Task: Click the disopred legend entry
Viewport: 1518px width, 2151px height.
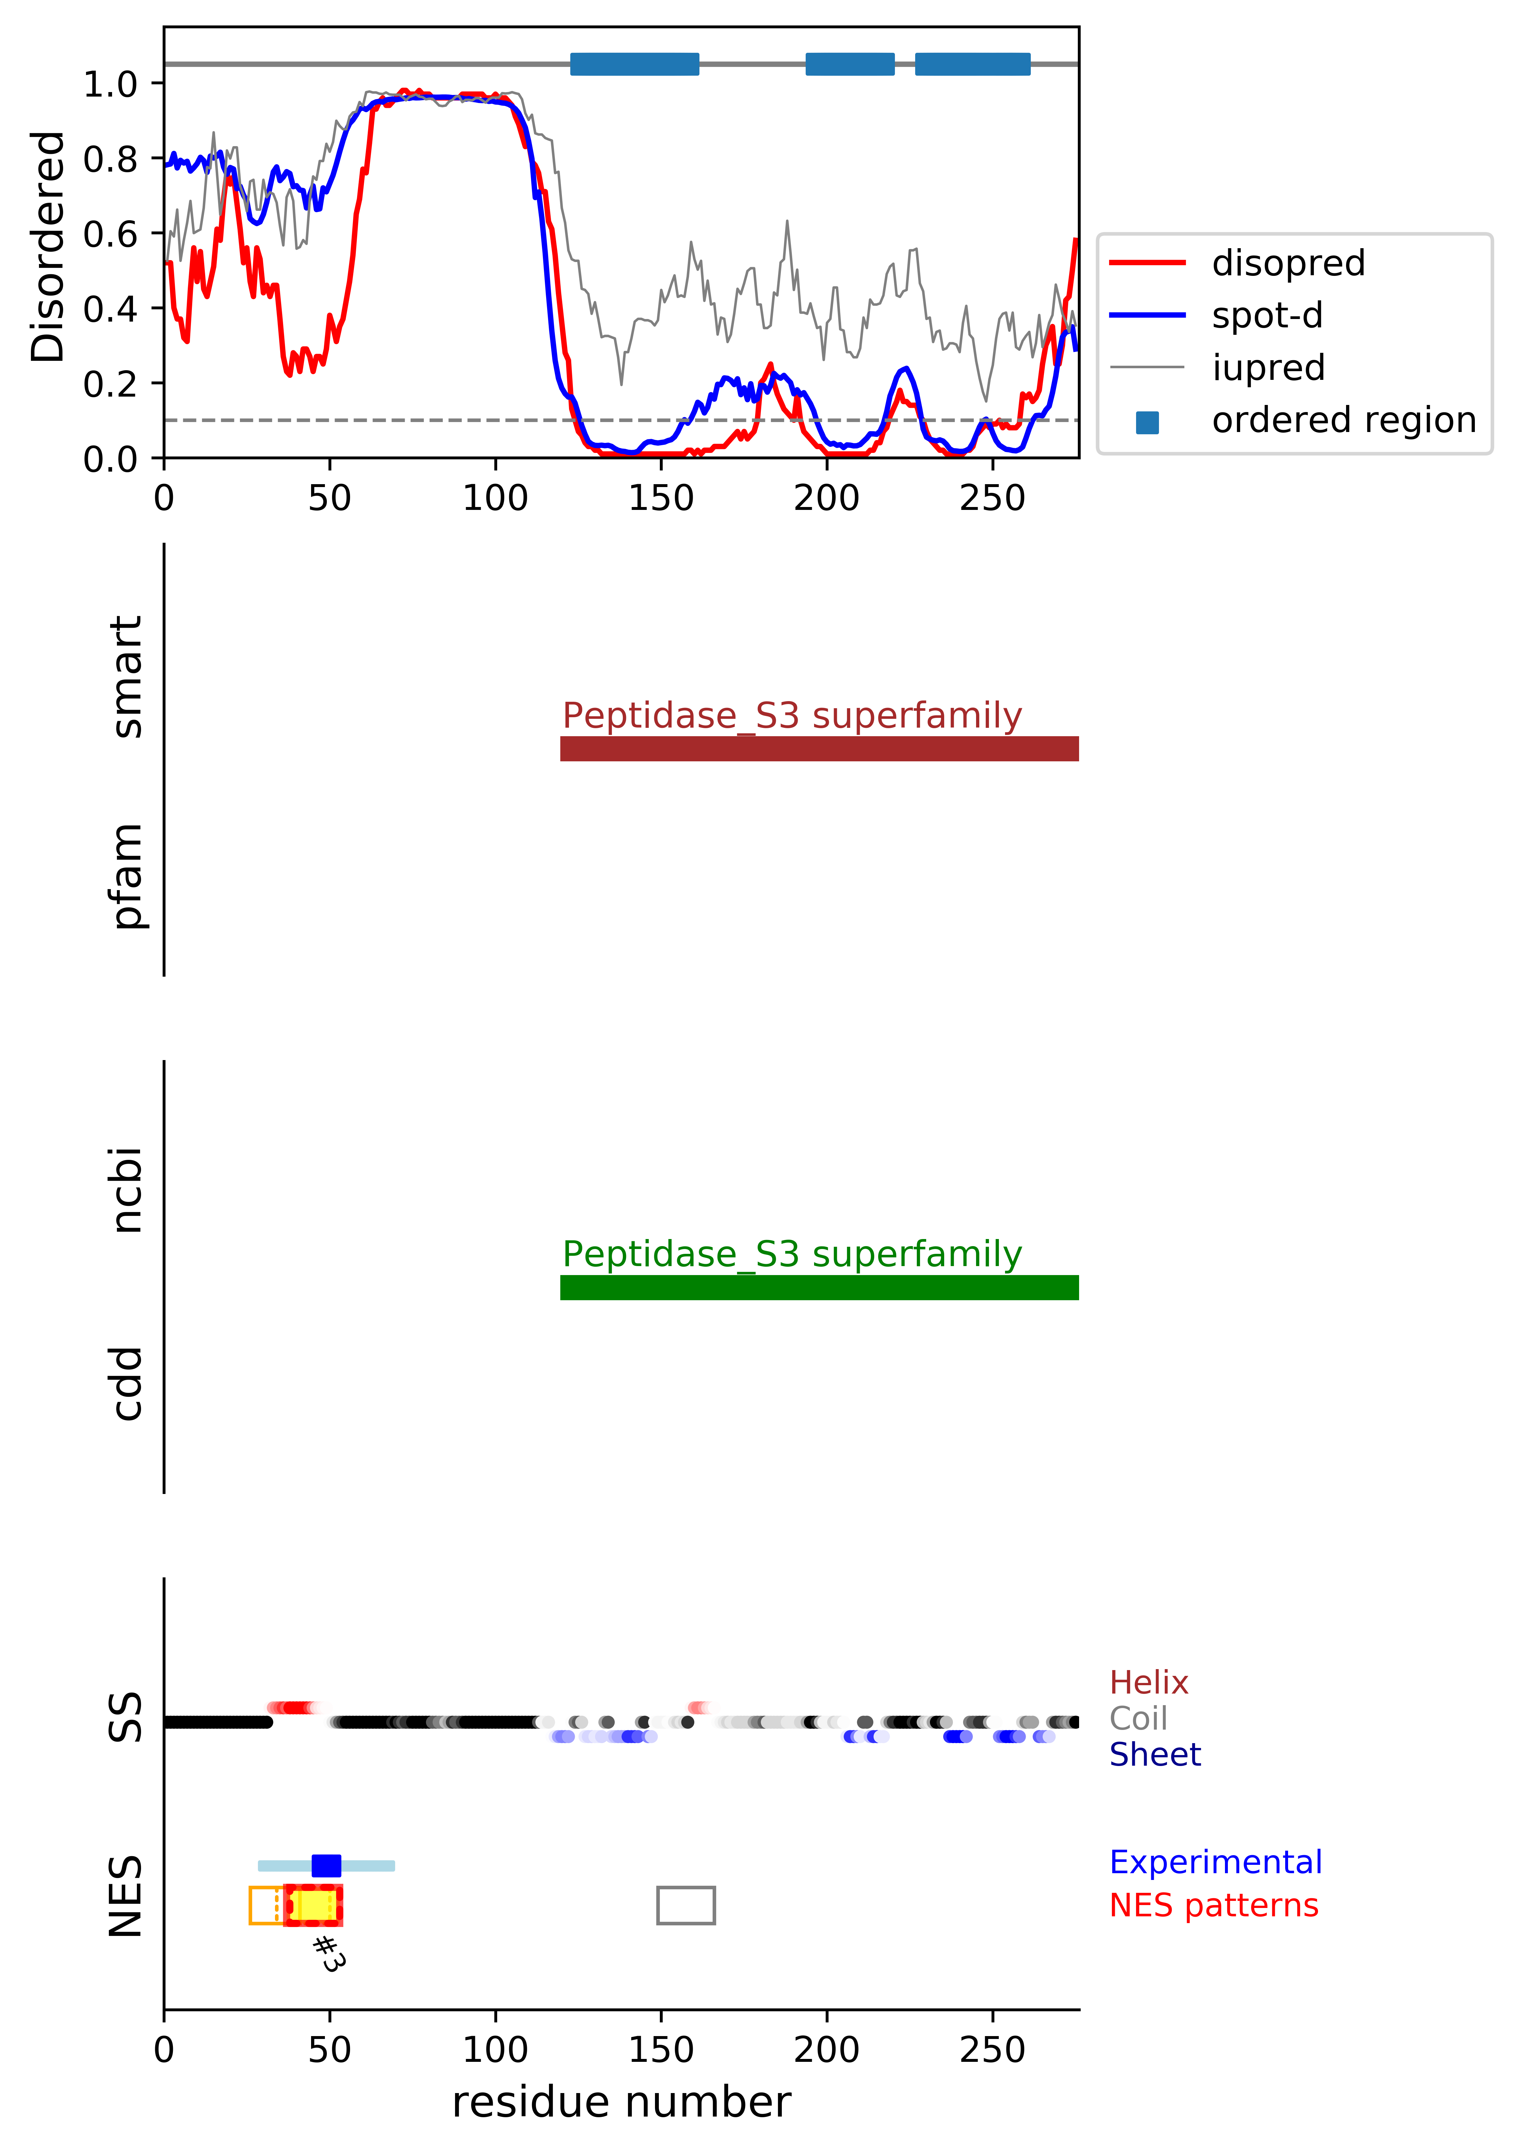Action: coord(1287,263)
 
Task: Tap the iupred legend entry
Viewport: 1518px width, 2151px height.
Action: coord(1268,368)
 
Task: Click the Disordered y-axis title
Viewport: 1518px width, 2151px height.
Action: coord(47,246)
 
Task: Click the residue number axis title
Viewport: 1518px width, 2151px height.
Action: coord(621,2102)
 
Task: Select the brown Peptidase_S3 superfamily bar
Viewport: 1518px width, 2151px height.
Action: coord(819,748)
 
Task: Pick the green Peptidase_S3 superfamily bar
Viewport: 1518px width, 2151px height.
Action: coord(819,1287)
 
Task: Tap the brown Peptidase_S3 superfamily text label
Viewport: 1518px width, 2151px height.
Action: coord(792,716)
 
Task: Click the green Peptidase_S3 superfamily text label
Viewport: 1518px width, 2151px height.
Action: coord(792,1254)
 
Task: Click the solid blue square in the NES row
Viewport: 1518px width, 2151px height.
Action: coord(326,1865)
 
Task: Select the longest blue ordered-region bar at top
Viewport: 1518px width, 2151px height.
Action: coord(634,64)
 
